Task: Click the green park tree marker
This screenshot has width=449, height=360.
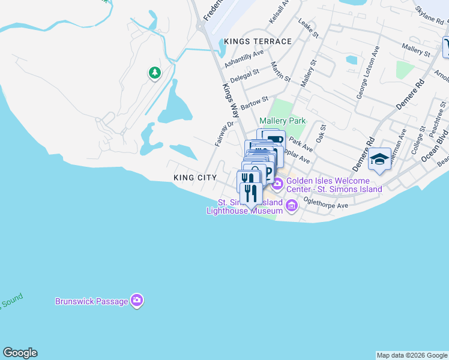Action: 155,73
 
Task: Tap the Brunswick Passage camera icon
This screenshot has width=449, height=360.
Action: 137,301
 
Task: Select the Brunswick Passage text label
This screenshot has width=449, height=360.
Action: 91,301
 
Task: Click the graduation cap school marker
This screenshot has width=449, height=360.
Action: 379,159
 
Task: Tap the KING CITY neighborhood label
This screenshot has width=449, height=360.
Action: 194,178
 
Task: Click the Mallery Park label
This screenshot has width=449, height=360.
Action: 286,121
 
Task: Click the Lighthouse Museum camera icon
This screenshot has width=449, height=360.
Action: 292,207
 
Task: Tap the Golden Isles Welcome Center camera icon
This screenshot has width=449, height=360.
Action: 277,181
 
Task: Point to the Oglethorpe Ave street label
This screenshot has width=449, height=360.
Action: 326,202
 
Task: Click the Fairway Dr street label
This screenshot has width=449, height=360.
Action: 224,134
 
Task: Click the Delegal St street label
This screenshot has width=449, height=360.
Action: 244,76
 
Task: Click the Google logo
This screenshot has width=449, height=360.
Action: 20,353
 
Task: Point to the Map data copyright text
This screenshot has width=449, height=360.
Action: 412,356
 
